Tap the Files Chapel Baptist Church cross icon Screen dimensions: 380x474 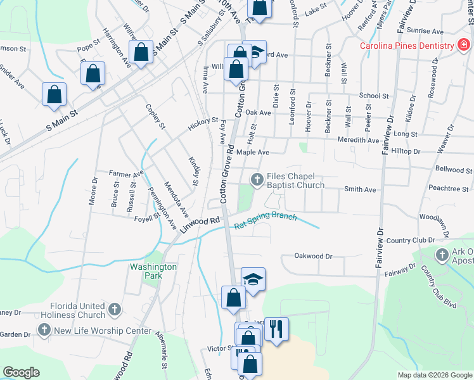pyautogui.click(x=257, y=180)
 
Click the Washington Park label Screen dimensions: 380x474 pyautogui.click(x=153, y=271)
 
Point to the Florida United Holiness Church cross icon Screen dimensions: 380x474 pyautogui.click(x=114, y=310)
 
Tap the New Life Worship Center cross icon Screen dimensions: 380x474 pyautogui.click(x=44, y=330)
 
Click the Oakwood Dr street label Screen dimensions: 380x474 pyautogui.click(x=313, y=256)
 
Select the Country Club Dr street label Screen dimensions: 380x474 pyautogui.click(x=407, y=241)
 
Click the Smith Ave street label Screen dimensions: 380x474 pyautogui.click(x=360, y=189)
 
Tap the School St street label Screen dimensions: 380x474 pyautogui.click(x=373, y=96)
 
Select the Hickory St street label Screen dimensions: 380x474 pyautogui.click(x=203, y=123)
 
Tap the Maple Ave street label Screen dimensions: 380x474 pyautogui.click(x=253, y=152)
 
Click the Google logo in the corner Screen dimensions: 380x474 pyautogui.click(x=21, y=372)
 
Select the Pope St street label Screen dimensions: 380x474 pyautogui.click(x=89, y=46)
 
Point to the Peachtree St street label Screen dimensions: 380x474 pyautogui.click(x=448, y=189)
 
